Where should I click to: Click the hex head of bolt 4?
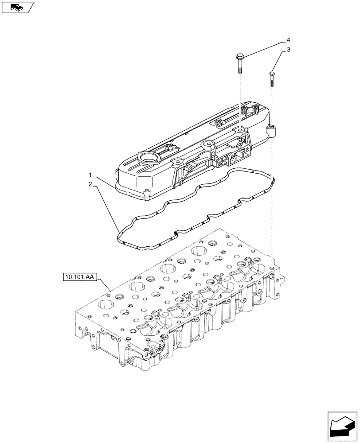[239, 57]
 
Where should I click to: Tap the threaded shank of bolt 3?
[272, 82]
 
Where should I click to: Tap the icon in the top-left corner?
[18, 8]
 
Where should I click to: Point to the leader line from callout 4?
[264, 47]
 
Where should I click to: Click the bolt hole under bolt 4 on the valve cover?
[239, 129]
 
